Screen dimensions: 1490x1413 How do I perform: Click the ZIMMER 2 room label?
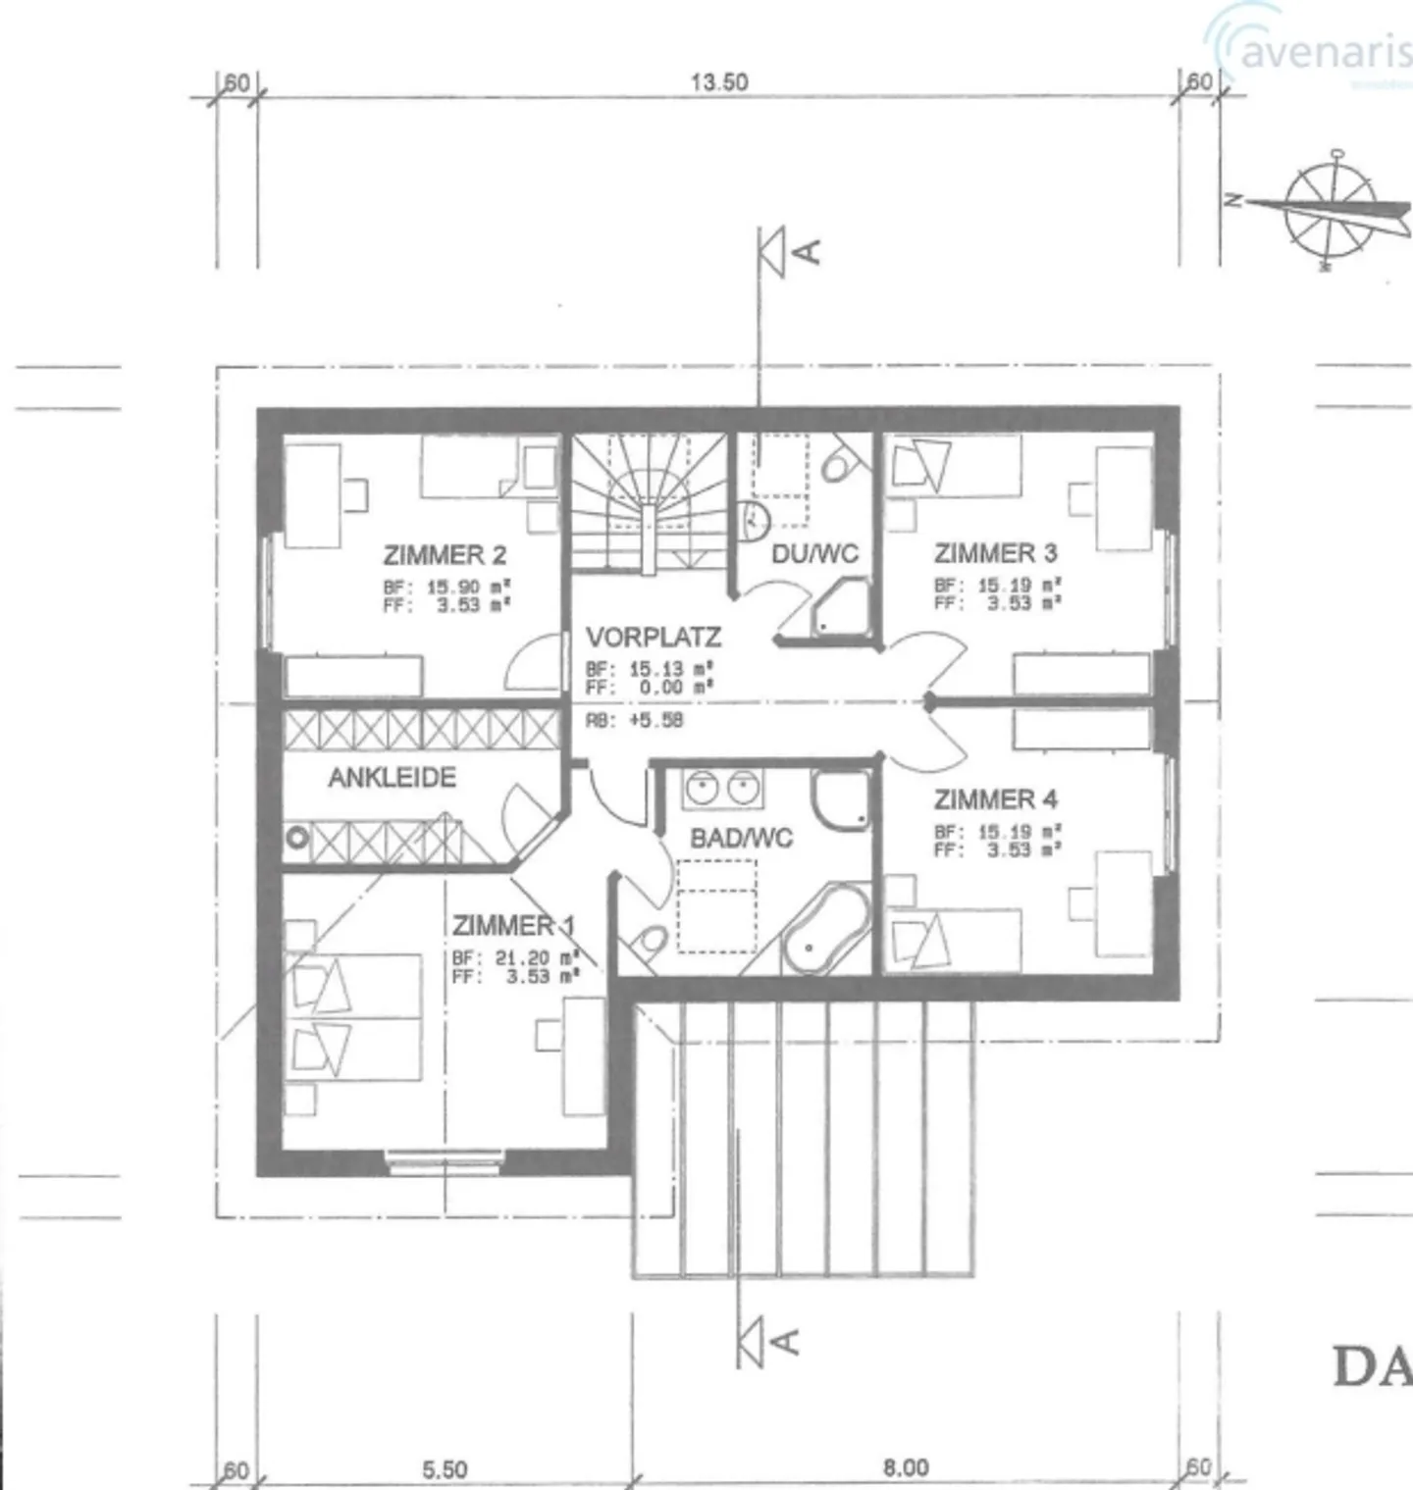click(445, 555)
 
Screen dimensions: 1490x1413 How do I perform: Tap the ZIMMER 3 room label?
click(995, 553)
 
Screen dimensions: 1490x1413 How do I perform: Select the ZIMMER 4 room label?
click(995, 799)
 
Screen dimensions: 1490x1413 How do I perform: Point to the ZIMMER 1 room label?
click(513, 925)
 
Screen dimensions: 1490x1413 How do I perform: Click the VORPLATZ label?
click(654, 638)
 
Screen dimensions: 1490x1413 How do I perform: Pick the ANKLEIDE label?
click(392, 778)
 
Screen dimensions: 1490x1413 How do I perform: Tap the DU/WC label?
click(814, 554)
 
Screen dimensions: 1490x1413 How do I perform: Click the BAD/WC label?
click(741, 838)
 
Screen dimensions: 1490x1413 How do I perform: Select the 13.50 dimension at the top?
click(719, 82)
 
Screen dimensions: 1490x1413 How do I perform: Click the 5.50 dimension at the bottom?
click(445, 1469)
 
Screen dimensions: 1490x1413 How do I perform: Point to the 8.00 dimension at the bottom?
click(905, 1467)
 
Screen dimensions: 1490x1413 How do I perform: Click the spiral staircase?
click(649, 502)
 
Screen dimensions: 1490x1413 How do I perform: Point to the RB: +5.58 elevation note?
click(634, 720)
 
